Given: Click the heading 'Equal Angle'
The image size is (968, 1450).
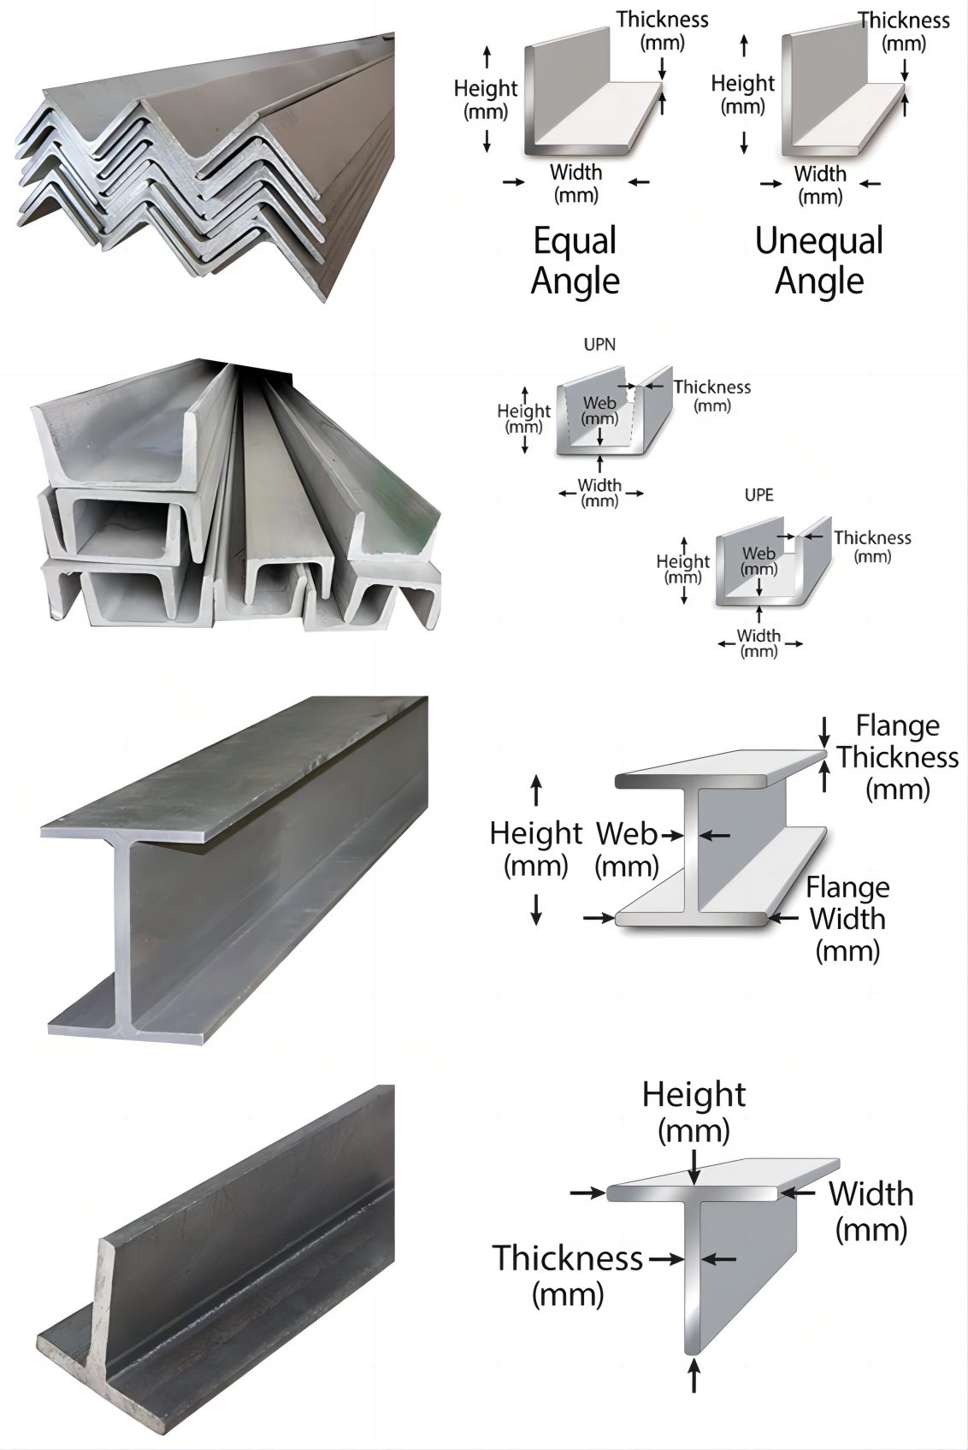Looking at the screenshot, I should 575,260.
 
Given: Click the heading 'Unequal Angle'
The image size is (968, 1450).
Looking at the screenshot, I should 818,260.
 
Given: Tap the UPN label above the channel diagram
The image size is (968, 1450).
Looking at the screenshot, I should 599,345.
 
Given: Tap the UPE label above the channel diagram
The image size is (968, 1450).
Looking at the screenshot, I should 758,495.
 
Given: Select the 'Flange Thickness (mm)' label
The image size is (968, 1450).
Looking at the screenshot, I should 897,757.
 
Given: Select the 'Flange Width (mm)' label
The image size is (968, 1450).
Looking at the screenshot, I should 847,919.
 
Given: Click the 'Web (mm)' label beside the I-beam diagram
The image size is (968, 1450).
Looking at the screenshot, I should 627,849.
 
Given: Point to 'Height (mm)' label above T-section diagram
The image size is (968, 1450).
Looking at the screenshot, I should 694,1111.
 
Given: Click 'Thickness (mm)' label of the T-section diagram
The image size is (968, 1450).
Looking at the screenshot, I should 568,1275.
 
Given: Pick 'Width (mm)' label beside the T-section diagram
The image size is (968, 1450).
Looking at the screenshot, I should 871,1210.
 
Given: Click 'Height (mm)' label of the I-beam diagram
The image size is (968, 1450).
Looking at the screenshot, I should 535,849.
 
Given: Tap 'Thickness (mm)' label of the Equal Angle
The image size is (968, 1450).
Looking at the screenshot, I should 662,30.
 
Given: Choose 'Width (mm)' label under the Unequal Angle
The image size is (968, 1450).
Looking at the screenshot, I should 819,185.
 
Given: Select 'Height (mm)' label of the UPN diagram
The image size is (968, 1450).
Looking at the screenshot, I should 523,418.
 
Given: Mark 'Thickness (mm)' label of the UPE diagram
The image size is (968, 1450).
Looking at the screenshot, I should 872,546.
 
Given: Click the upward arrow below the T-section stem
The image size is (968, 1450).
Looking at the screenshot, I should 694,1377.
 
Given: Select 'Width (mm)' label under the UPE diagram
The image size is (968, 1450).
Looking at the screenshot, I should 758,642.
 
